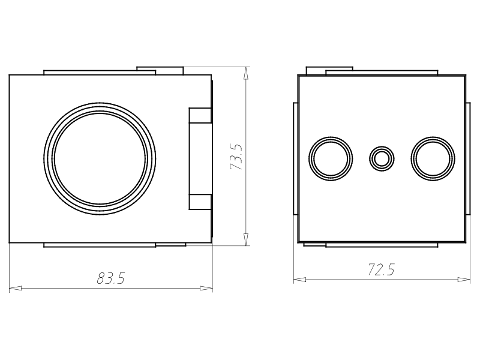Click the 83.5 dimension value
(x=111, y=278)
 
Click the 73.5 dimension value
(x=236, y=157)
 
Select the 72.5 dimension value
(x=381, y=269)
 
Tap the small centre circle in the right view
(x=382, y=159)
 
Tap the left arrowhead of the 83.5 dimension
(x=16, y=288)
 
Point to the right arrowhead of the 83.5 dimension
(x=206, y=288)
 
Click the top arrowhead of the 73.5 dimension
(x=245, y=73)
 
